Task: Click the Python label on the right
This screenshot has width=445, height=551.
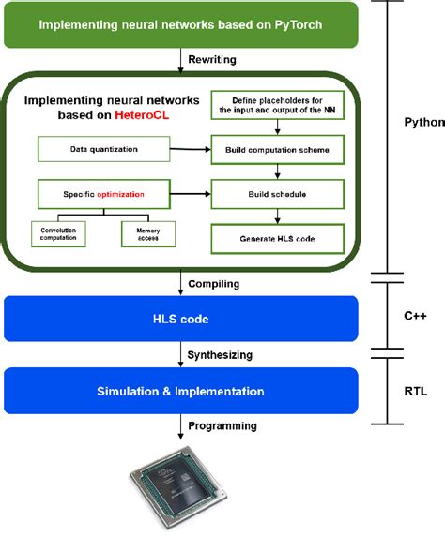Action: coord(423,123)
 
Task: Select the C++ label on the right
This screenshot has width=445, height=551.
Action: coord(415,317)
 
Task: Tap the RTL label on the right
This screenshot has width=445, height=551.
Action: coord(415,391)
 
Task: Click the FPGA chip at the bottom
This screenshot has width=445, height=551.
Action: coord(179,501)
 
